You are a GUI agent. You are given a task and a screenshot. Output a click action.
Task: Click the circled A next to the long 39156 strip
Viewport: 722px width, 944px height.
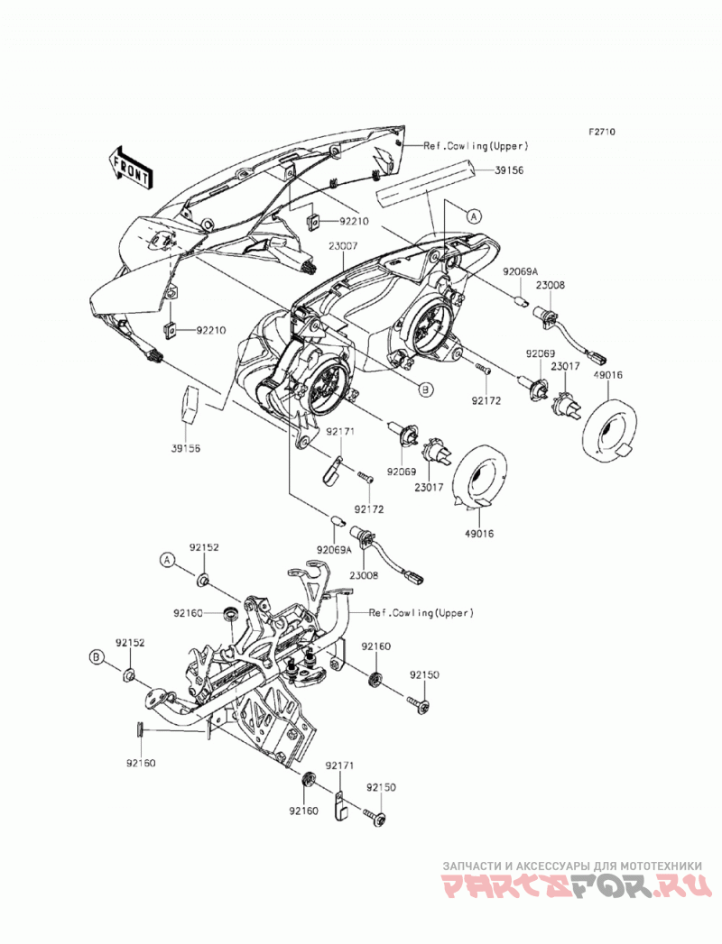[473, 215]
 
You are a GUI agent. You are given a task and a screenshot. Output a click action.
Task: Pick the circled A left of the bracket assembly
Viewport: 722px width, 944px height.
[167, 560]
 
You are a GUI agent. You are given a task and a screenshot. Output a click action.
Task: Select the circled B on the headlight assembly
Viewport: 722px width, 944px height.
[425, 390]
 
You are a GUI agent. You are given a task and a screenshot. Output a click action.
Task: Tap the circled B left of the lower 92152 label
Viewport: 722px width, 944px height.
[96, 657]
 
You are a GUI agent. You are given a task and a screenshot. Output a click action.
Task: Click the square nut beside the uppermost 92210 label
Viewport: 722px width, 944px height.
[313, 222]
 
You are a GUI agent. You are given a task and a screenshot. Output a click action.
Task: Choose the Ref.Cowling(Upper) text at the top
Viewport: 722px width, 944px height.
[477, 146]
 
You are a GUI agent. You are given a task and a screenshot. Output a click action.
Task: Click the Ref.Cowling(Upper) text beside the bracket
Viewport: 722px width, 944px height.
[421, 613]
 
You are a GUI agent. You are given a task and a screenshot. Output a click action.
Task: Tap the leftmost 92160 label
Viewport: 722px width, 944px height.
[141, 764]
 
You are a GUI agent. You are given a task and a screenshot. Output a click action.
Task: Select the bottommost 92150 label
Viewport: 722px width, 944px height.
[381, 787]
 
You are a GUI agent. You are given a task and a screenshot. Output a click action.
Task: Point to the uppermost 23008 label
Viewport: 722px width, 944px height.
[551, 286]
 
